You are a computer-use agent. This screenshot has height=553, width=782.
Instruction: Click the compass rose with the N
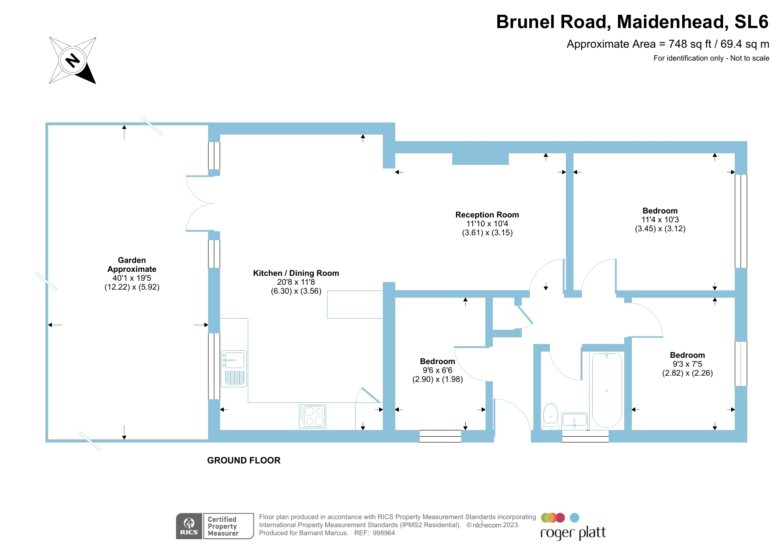pos(73,60)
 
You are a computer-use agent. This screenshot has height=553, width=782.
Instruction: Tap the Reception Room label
pos(487,215)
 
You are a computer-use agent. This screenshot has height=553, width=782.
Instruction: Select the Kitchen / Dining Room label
pos(296,273)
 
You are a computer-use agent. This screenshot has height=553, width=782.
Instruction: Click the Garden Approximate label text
pos(132,265)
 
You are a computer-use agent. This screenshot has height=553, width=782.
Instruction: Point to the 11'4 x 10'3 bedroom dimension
pos(660,220)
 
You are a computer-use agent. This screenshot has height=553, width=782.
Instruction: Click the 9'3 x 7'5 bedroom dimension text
pos(687,364)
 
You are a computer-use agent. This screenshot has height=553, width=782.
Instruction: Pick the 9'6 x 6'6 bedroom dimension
pos(437,370)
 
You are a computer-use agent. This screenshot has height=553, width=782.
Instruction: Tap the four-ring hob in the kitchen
pos(312,416)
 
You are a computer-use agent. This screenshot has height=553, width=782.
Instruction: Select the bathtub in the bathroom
pos(606,390)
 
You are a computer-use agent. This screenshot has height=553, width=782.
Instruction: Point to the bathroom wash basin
pos(574,421)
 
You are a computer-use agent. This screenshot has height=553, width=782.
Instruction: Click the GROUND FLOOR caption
pos(244,460)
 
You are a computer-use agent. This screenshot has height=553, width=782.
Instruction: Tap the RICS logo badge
pos(189,526)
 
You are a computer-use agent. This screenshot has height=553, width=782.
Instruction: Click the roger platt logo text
pos(573,533)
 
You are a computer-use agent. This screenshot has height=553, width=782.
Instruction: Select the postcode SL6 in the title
pos(751,22)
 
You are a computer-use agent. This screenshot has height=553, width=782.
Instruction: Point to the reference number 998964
pos(384,533)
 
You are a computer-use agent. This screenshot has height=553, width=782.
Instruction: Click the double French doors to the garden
pos(200,204)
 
